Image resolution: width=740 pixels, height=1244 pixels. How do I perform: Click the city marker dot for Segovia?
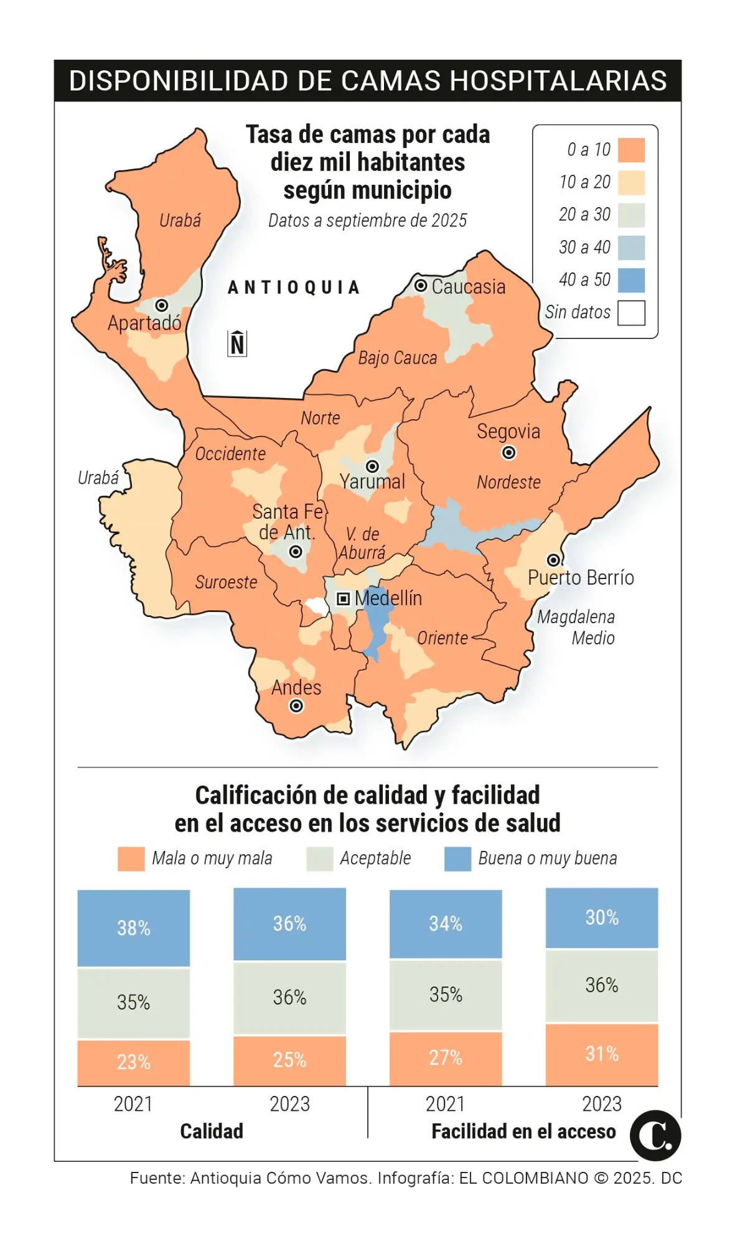pyautogui.click(x=508, y=453)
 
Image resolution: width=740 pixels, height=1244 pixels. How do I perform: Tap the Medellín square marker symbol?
pyautogui.click(x=343, y=598)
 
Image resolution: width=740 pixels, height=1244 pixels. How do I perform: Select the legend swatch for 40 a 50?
pyautogui.click(x=631, y=280)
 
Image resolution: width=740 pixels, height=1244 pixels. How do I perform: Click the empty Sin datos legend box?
pyautogui.click(x=631, y=312)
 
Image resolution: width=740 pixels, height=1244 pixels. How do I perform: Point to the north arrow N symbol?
pyautogui.click(x=237, y=343)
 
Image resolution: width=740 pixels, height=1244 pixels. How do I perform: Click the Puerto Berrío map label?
pyautogui.click(x=580, y=578)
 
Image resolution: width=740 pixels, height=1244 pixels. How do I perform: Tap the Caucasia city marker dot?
pyautogui.click(x=421, y=285)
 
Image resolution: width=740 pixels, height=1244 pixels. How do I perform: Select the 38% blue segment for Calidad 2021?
pyautogui.click(x=133, y=927)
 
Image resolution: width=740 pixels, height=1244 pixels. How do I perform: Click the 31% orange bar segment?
pyautogui.click(x=601, y=1054)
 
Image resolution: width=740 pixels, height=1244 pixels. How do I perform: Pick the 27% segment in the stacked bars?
pyautogui.click(x=446, y=1058)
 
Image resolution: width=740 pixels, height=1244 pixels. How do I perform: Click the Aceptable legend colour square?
pyautogui.click(x=319, y=858)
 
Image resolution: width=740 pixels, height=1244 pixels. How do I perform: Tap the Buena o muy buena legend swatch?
pyautogui.click(x=457, y=858)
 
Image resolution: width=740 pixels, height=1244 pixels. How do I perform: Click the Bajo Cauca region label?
pyautogui.click(x=397, y=358)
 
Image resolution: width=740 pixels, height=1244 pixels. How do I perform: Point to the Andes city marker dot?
pyautogui.click(x=296, y=706)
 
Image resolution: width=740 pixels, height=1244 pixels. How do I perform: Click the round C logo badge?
pyautogui.click(x=655, y=1135)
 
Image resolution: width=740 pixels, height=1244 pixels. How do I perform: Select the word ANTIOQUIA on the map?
pyautogui.click(x=294, y=287)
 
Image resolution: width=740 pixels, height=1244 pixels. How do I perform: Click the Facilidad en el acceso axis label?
pyautogui.click(x=523, y=1131)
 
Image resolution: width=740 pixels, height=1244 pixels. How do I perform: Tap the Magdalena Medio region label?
pyautogui.click(x=576, y=627)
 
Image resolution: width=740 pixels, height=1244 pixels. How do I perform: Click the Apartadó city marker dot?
pyautogui.click(x=162, y=305)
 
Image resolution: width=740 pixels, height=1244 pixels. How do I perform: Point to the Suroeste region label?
pyautogui.click(x=226, y=582)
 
